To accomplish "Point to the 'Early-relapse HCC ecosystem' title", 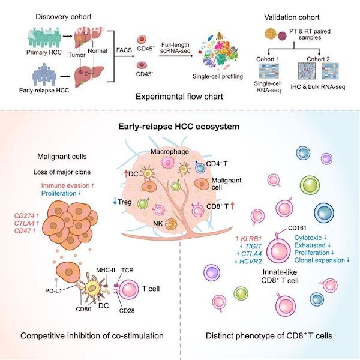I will click(180, 127).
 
